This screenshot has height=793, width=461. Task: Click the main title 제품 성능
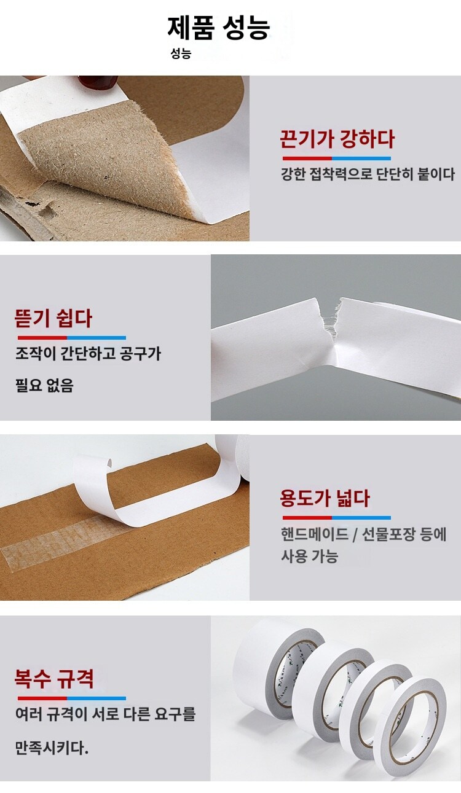tap(219, 28)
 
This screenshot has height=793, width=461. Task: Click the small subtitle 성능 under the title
tap(181, 53)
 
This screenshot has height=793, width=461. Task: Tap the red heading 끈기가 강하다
tap(337, 139)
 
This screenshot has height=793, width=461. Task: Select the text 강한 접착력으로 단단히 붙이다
tap(368, 174)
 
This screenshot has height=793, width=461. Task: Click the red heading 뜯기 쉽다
tap(53, 318)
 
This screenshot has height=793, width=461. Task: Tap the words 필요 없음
tap(44, 385)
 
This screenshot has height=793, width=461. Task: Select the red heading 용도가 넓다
tap(325, 498)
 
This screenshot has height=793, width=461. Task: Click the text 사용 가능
tap(309, 555)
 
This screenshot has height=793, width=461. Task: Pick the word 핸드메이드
tap(315, 534)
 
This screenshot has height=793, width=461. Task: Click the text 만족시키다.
tap(52, 748)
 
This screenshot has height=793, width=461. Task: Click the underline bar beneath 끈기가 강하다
tap(337, 158)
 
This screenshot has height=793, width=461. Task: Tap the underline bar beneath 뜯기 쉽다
tap(71, 338)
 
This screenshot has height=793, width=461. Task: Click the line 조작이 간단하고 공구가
tap(89, 353)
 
